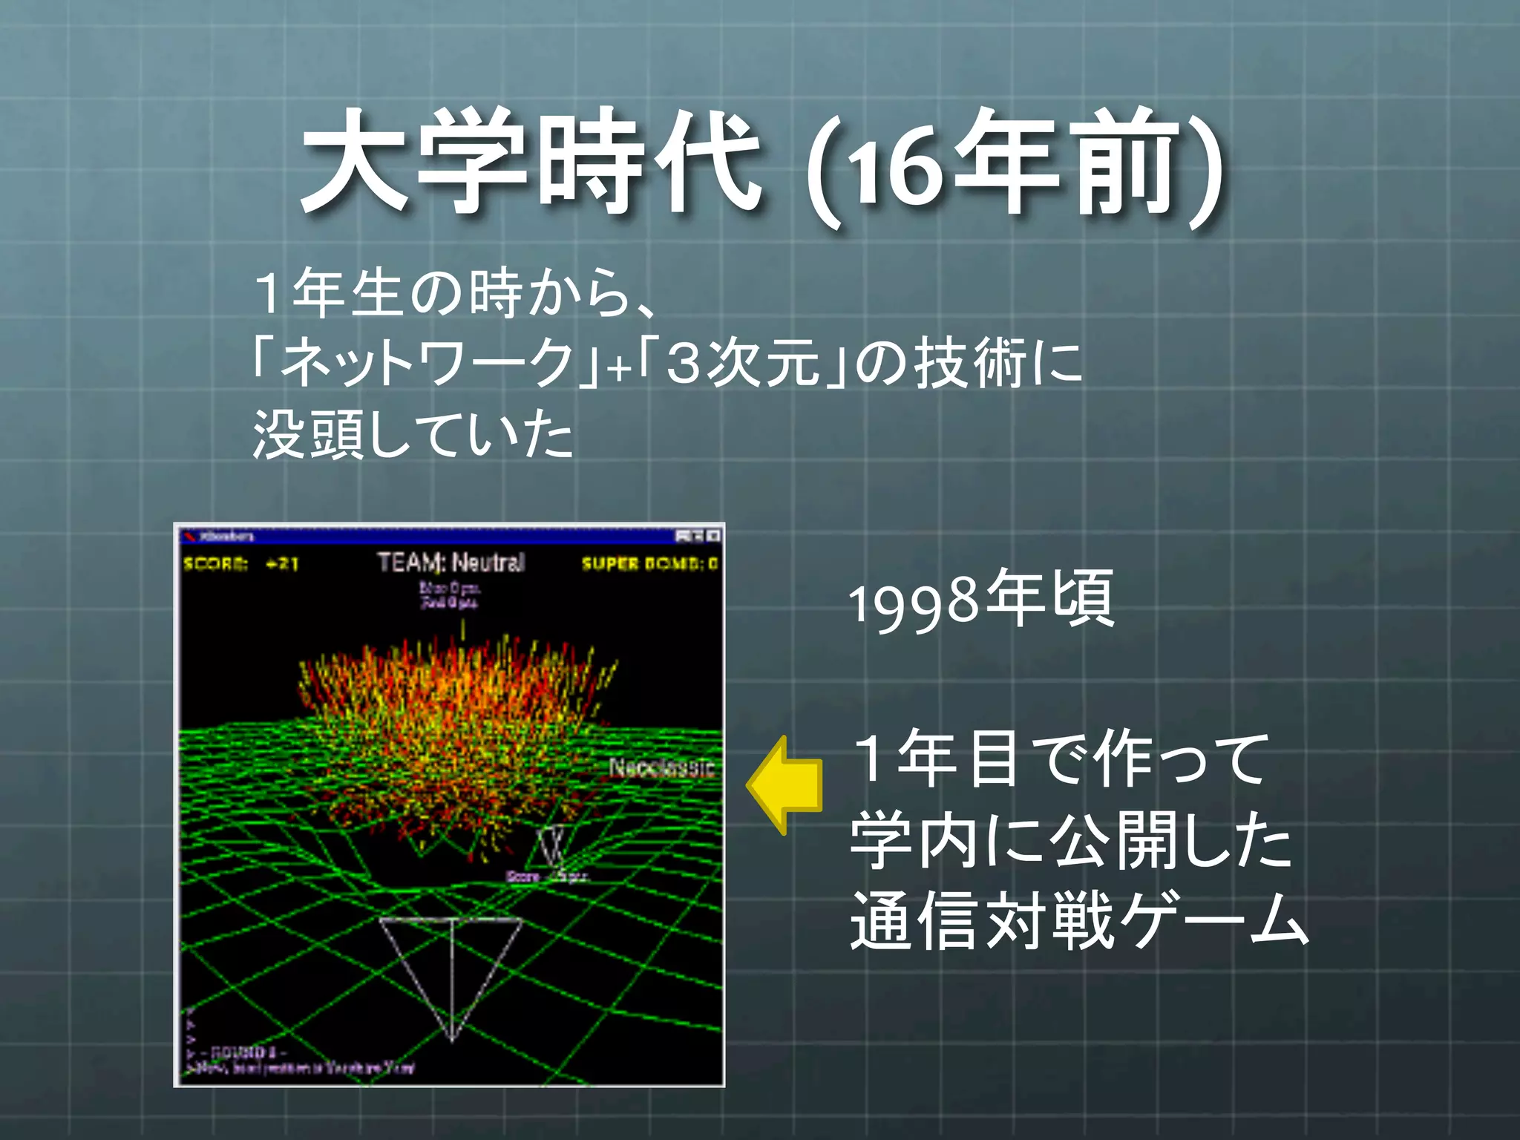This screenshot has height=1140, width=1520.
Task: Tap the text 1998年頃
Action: coord(980,600)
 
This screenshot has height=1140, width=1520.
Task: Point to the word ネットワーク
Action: coord(427,364)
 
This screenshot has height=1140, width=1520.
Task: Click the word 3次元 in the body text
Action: coord(742,364)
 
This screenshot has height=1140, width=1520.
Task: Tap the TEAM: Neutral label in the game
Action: coord(451,563)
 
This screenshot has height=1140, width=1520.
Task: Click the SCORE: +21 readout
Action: coord(241,564)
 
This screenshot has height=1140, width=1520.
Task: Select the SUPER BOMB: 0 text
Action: coord(649,564)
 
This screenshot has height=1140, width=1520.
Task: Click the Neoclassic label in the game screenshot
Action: coord(661,767)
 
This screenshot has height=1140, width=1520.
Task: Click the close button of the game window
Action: coord(713,536)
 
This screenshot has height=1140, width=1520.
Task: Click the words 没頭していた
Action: coord(413,435)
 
